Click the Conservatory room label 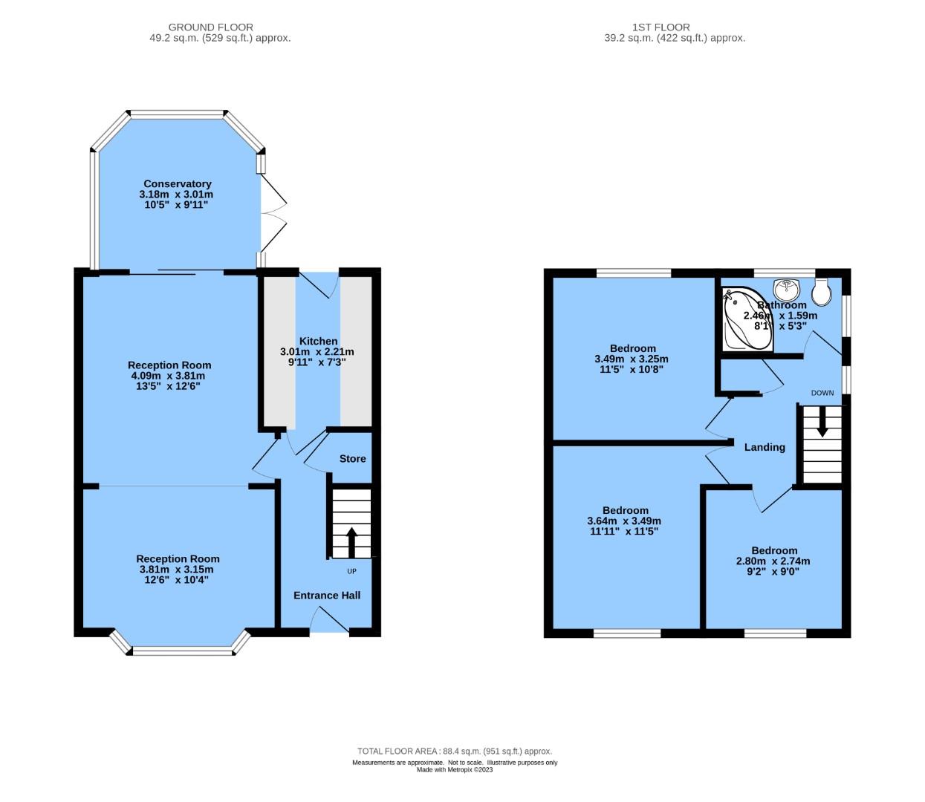177,183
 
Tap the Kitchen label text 318,341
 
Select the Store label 352,458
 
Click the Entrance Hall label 327,595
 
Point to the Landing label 765,446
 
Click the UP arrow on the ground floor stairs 351,541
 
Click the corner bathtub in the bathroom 747,321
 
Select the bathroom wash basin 786,287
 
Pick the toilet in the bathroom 821,293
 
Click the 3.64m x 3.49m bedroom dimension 624,521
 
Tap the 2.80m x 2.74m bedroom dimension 773,561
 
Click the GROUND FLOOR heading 210,27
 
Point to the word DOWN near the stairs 822,393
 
